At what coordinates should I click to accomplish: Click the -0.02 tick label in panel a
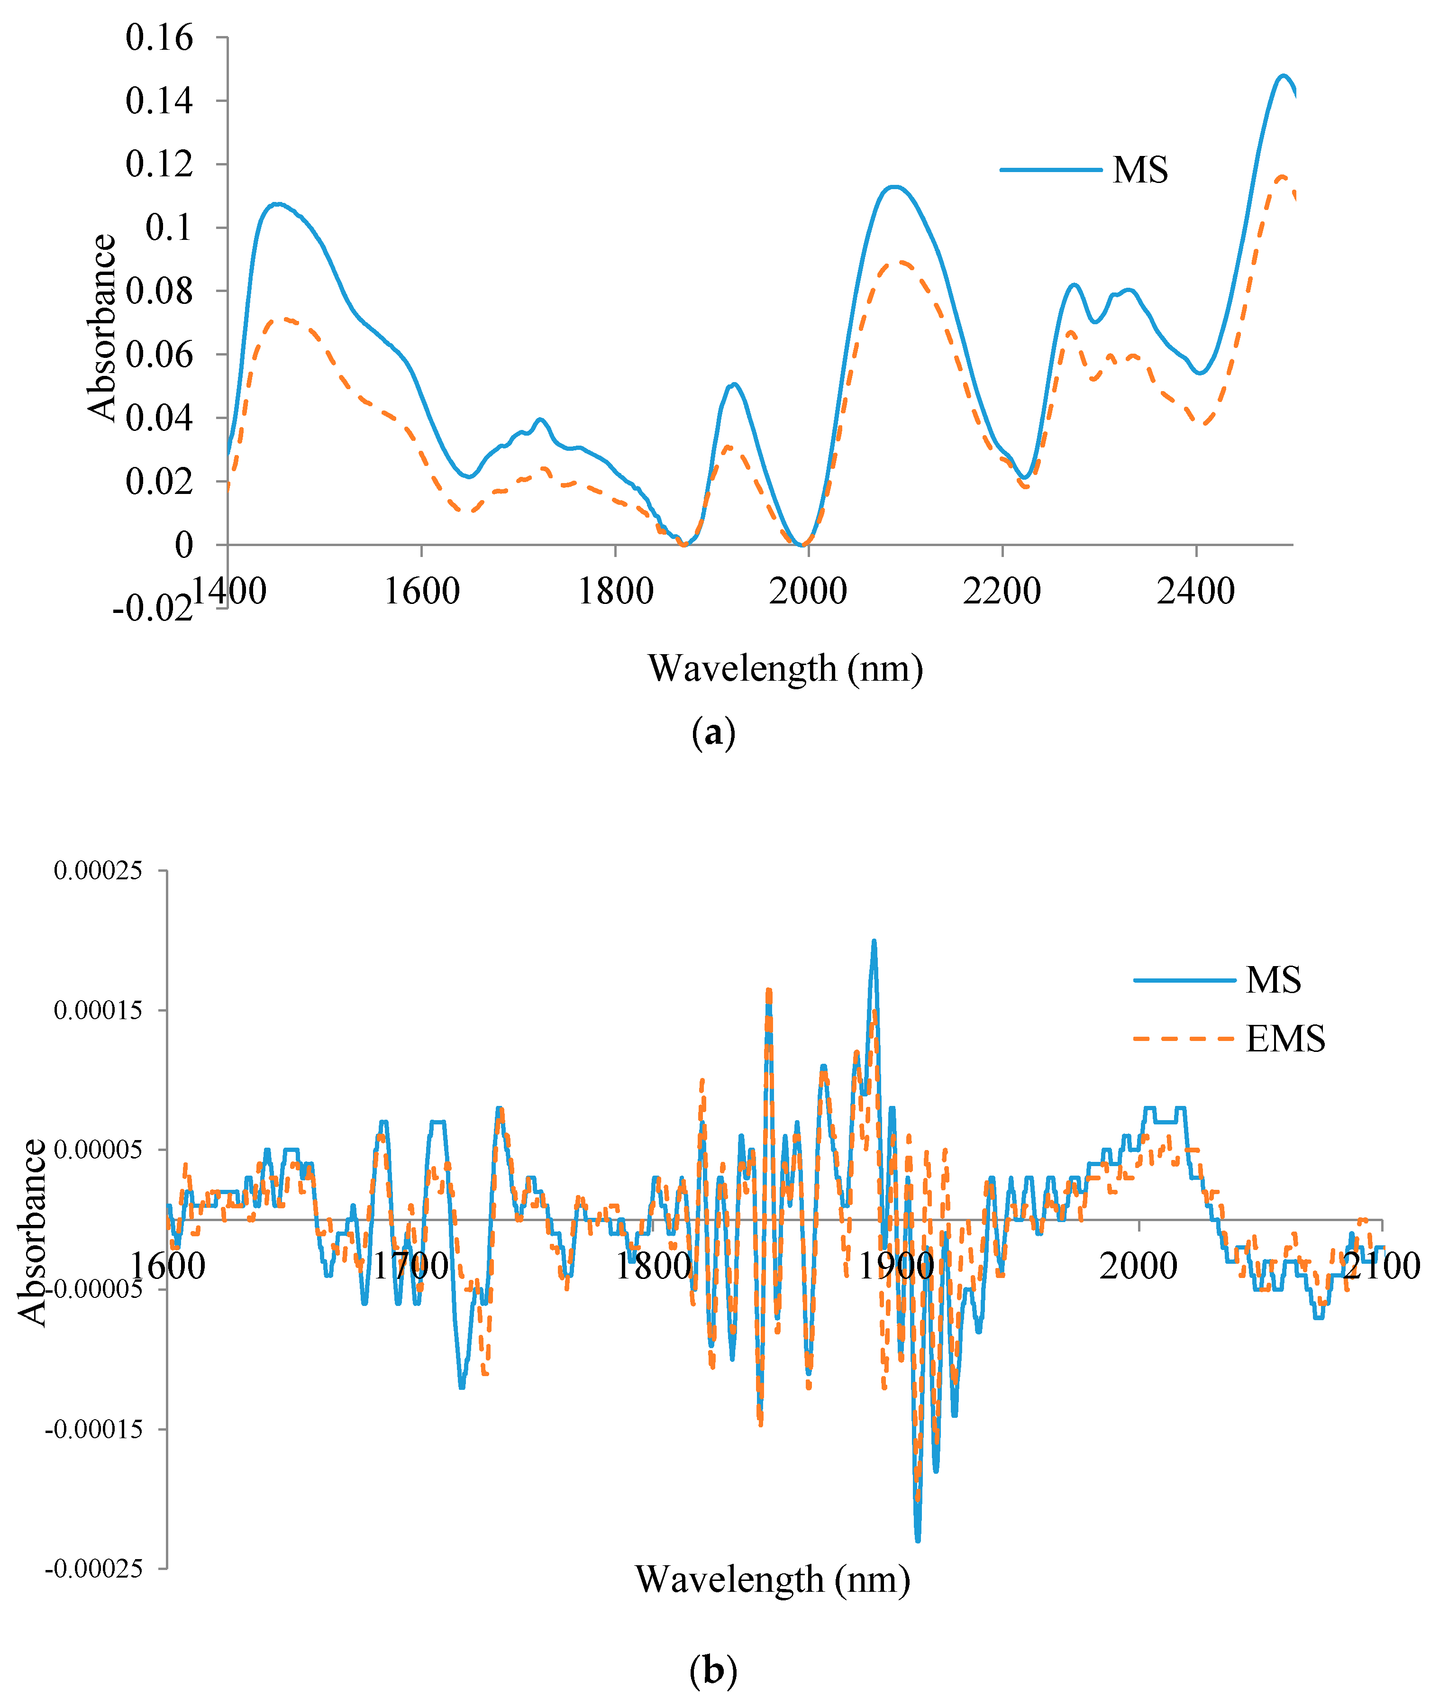click(152, 607)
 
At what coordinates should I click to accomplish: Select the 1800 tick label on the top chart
click(615, 591)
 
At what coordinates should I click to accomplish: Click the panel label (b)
click(713, 1671)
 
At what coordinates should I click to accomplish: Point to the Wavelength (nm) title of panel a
click(785, 668)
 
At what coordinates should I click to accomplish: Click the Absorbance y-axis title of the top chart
click(103, 328)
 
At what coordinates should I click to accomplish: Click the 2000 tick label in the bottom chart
click(1138, 1267)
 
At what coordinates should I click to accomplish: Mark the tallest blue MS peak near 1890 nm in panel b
click(874, 941)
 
